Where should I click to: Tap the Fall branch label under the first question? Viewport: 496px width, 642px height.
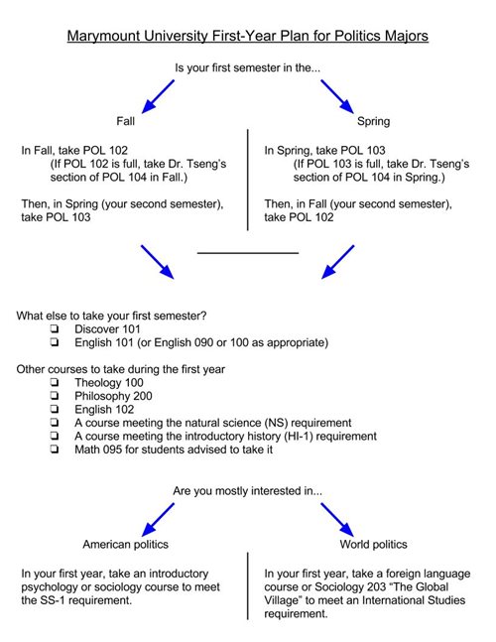(125, 121)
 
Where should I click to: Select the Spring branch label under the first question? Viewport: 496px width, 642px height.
(373, 122)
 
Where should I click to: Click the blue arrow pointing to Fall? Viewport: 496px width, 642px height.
(158, 96)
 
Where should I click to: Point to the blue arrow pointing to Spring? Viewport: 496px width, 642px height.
(337, 96)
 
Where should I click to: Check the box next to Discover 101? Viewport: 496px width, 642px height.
(54, 328)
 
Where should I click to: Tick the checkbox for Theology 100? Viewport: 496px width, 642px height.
(54, 382)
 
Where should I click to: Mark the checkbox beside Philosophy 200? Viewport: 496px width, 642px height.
(54, 396)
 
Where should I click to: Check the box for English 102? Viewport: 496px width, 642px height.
(54, 409)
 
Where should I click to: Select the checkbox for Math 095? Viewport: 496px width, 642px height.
(54, 449)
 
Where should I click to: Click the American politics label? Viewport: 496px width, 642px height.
(126, 545)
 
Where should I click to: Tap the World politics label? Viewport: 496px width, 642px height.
(373, 545)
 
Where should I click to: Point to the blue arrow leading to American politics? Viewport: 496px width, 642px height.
(158, 520)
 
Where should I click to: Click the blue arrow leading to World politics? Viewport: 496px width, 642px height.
(337, 520)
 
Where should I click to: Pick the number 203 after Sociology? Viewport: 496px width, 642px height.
(377, 587)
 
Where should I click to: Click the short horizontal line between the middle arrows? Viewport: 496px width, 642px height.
(248, 253)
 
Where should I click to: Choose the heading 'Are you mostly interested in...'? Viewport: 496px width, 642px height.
(248, 491)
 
